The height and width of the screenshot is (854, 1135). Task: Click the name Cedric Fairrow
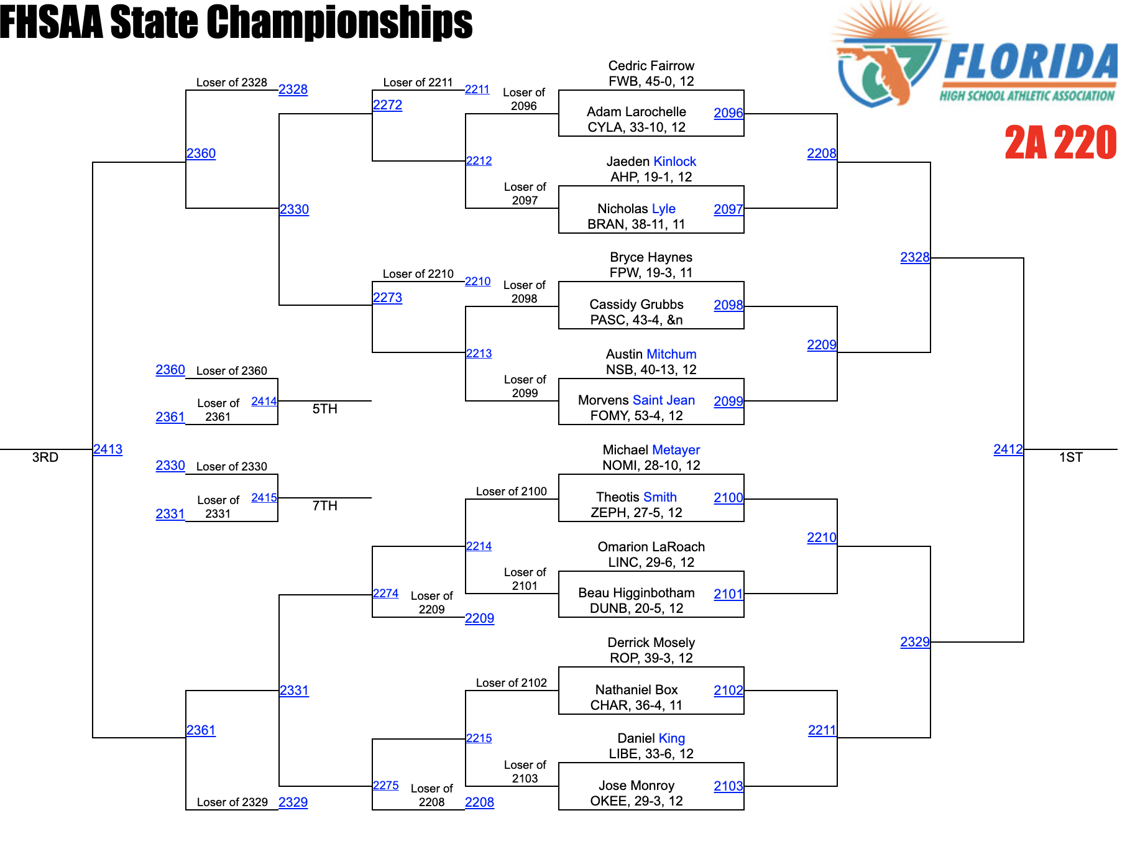click(651, 66)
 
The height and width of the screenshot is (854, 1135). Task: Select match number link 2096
click(728, 113)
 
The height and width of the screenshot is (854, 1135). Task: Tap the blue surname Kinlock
click(674, 162)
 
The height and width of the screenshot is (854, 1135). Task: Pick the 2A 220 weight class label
click(1060, 143)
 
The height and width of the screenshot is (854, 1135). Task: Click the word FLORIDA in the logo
click(1031, 62)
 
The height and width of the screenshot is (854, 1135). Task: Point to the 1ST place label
click(1070, 457)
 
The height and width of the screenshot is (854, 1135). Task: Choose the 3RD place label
click(45, 457)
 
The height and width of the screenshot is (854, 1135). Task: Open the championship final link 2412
click(1008, 449)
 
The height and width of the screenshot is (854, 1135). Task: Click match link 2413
click(108, 449)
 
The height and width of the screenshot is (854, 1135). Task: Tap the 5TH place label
click(324, 409)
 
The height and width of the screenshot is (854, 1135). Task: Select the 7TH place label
click(324, 506)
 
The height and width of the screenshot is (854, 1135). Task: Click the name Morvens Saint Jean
click(636, 400)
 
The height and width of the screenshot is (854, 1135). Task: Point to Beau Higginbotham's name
click(636, 593)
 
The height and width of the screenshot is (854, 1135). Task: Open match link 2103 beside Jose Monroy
click(728, 786)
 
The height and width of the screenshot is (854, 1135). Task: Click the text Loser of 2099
click(525, 386)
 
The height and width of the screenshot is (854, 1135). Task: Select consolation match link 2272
click(387, 105)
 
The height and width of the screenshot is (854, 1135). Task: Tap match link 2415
click(264, 498)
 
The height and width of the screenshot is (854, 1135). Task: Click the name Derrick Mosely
click(651, 643)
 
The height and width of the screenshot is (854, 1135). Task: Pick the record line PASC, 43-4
click(636, 320)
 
